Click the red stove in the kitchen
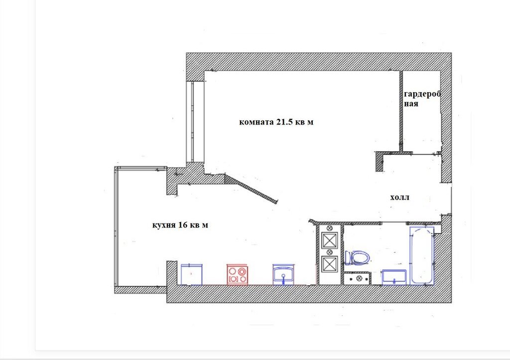pos(237,275)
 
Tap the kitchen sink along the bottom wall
pos(283,275)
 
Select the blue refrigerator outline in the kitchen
pos(192,274)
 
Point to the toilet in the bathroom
pos(358,258)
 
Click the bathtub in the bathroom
pos(422,255)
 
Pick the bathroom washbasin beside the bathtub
pos(394,277)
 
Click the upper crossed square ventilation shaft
pos(330,241)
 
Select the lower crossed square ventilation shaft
pos(330,264)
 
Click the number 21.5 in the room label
pos(285,122)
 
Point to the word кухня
pos(164,226)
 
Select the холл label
pos(400,197)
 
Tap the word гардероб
pos(422,94)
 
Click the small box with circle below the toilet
pos(357,278)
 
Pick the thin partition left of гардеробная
pos(401,111)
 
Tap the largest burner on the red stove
pos(242,270)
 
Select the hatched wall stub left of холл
pos(379,161)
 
